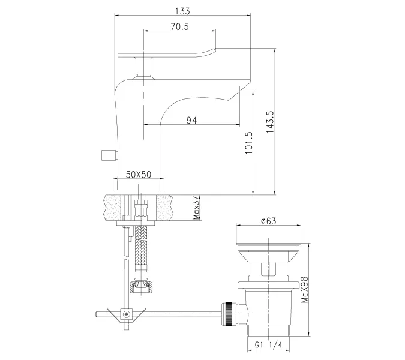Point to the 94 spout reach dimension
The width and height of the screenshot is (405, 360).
191,121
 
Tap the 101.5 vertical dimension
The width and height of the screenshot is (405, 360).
248,144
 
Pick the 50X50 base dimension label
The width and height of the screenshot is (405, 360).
139,175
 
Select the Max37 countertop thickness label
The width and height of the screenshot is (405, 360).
197,208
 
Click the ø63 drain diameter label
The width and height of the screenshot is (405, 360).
268,221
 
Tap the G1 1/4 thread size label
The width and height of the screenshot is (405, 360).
268,346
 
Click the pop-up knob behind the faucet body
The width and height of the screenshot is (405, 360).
107,155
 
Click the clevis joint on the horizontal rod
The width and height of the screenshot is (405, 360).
126,313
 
